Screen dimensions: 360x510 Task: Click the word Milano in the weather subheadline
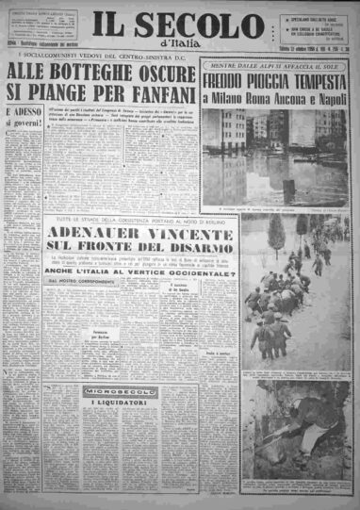(229, 99)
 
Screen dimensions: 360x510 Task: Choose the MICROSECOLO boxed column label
(92, 416)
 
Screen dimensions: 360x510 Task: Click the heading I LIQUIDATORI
(92, 430)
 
